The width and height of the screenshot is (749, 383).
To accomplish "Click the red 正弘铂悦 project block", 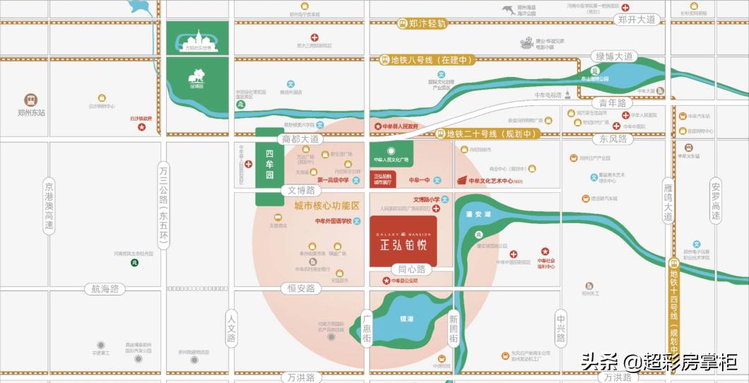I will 403,241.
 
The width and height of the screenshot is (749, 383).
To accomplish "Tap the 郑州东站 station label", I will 30,112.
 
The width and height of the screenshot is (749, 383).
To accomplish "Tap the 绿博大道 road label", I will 616,57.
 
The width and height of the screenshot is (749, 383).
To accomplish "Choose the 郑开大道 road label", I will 637,19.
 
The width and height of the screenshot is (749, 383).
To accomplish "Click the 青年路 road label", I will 612,103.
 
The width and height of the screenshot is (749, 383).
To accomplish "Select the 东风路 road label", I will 612,139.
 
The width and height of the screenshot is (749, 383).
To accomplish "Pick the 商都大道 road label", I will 301,139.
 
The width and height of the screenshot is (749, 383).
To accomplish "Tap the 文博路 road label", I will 301,190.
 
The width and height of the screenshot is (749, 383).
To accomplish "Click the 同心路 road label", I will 411,269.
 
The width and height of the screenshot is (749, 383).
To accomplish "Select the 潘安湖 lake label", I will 479,214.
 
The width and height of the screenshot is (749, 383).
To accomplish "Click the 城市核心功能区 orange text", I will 326,206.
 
